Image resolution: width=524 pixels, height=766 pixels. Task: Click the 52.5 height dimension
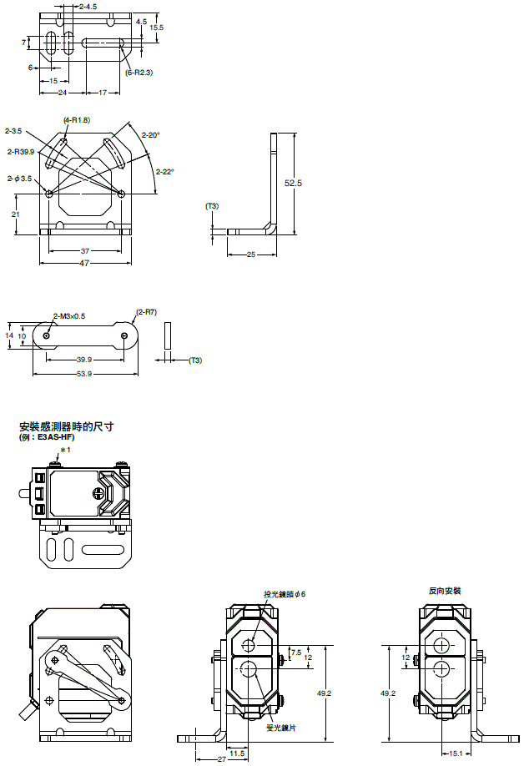[292, 183]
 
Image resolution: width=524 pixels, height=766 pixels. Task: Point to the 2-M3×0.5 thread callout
[69, 315]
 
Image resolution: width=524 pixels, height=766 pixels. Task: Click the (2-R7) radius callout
[147, 311]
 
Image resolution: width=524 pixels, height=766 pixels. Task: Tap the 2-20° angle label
[150, 134]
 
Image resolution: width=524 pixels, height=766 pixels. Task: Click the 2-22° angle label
[164, 172]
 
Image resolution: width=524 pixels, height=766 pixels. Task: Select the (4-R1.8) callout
[76, 120]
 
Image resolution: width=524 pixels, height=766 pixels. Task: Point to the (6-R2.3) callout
[139, 73]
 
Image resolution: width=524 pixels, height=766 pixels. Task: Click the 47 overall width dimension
[84, 264]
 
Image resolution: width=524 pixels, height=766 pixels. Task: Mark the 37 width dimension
[85, 250]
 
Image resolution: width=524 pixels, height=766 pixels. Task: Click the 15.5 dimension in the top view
[156, 28]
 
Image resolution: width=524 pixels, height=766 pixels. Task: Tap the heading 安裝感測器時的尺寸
[66, 426]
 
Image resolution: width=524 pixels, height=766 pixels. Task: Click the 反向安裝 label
[445, 591]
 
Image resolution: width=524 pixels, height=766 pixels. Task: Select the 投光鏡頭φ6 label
[285, 594]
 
